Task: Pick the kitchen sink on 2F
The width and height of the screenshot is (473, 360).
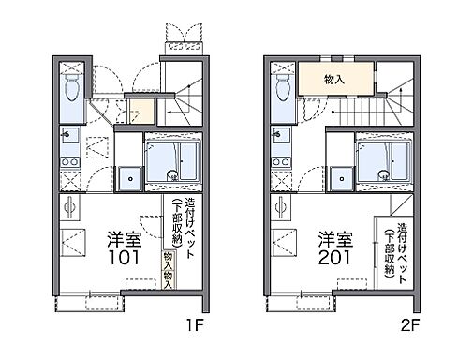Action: pos(280,136)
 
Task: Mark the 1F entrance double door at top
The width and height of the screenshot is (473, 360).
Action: pos(181,37)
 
